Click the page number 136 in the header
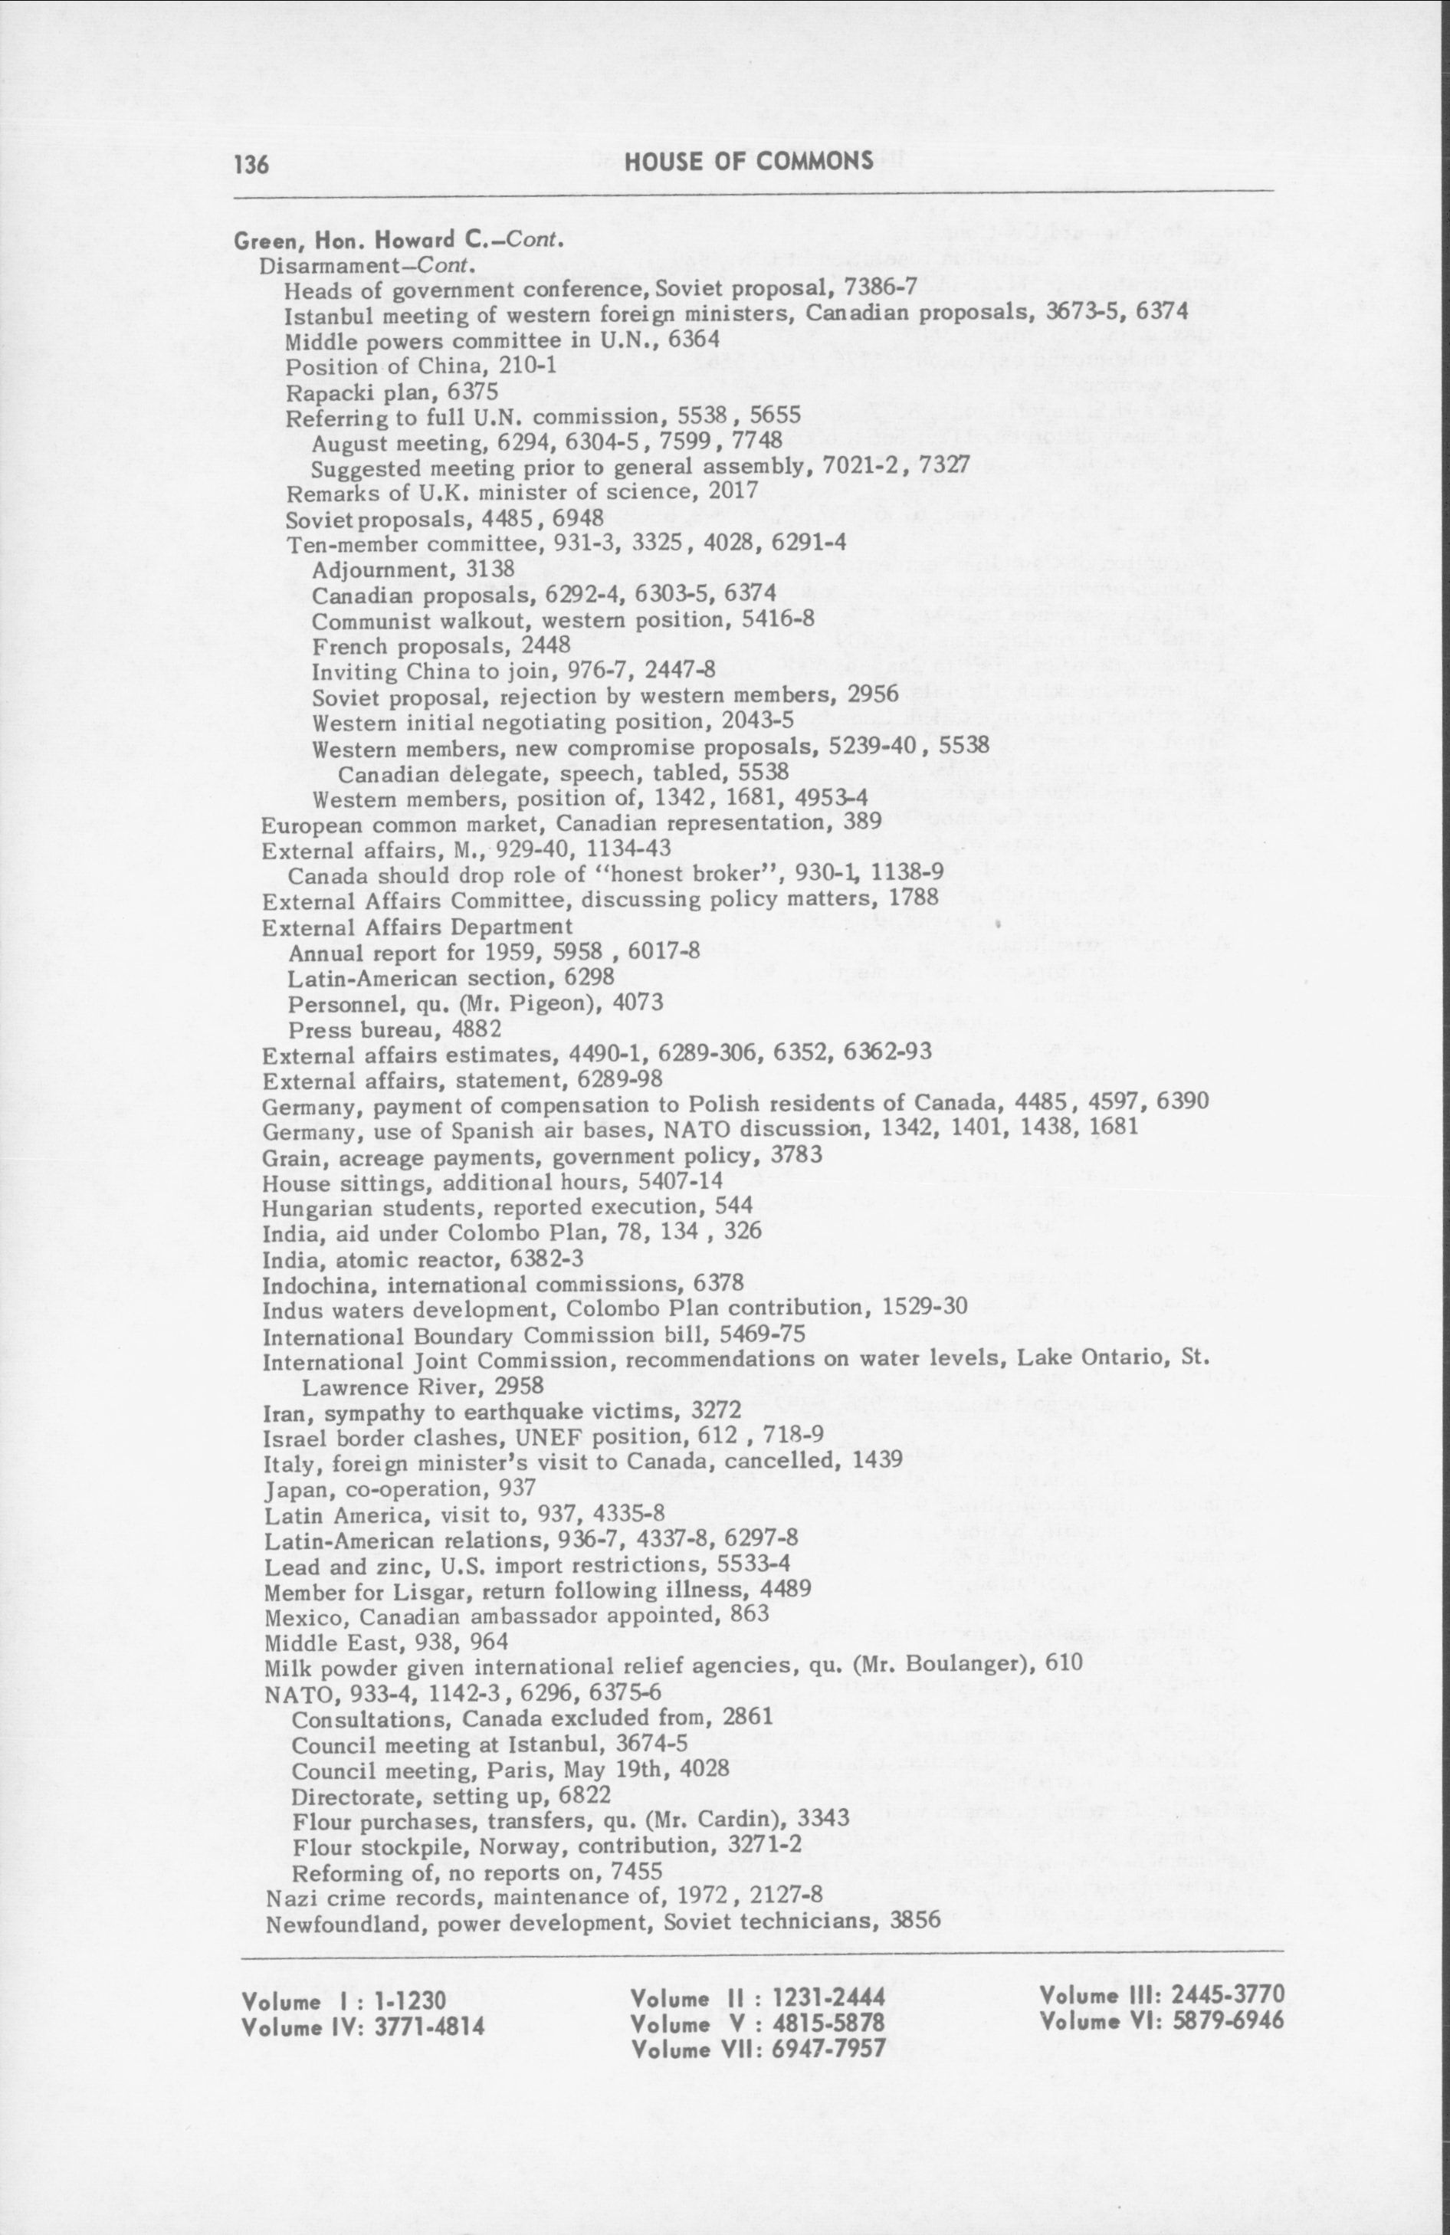(251, 166)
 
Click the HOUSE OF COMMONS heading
(749, 161)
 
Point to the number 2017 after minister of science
(733, 491)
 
